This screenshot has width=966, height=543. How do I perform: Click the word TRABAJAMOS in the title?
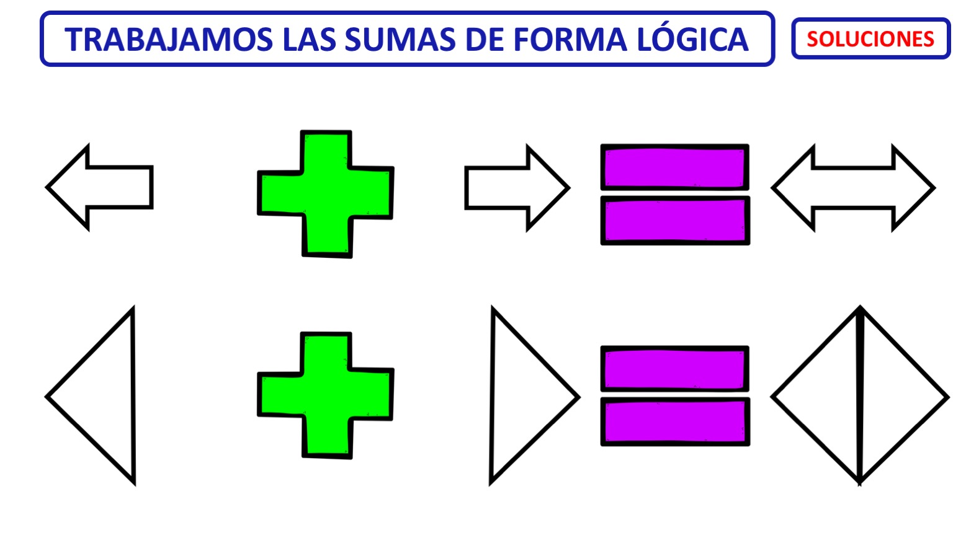click(x=169, y=40)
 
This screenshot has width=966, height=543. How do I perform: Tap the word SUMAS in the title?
click(x=400, y=40)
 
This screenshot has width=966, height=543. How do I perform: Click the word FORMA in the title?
click(x=570, y=40)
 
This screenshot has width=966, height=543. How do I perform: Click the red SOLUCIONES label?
click(x=870, y=39)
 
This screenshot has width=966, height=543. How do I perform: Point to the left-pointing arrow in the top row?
click(x=99, y=187)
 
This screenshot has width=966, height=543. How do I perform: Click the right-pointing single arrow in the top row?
click(x=517, y=188)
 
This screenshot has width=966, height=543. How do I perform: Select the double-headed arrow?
click(x=853, y=188)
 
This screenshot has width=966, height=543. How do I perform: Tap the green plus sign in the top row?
click(x=326, y=194)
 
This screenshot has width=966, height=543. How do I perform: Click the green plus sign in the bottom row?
click(x=326, y=395)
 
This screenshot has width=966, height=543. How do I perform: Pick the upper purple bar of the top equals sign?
click(x=675, y=167)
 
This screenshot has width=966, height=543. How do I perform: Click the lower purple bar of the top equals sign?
click(x=676, y=221)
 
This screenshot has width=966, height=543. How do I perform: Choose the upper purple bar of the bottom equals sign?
click(x=675, y=369)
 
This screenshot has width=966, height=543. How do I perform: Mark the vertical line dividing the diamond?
click(x=860, y=395)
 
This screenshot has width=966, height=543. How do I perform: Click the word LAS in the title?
click(x=309, y=40)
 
